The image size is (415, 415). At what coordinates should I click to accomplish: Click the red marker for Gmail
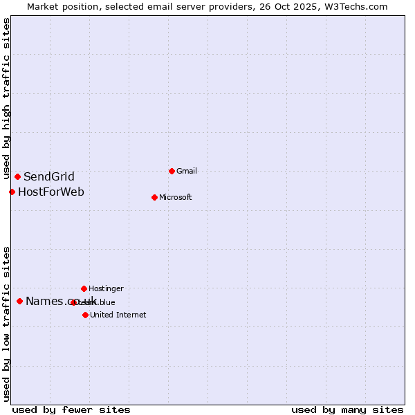pyautogui.click(x=172, y=171)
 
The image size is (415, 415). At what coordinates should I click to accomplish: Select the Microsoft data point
pyautogui.click(x=154, y=197)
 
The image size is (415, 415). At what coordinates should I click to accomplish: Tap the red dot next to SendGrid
pyautogui.click(x=17, y=176)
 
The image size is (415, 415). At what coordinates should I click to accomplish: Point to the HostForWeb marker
pyautogui.click(x=12, y=192)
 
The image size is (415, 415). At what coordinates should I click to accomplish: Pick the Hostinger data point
pyautogui.click(x=84, y=288)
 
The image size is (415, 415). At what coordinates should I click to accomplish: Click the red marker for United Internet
pyautogui.click(x=85, y=315)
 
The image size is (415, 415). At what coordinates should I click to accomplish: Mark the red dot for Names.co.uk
pyautogui.click(x=19, y=301)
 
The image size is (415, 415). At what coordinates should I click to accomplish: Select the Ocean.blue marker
pyautogui.click(x=73, y=302)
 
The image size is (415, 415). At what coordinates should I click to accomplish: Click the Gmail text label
pyautogui.click(x=187, y=171)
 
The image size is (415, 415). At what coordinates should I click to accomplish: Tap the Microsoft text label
pyautogui.click(x=176, y=197)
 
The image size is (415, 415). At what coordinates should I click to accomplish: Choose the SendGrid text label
pyautogui.click(x=49, y=176)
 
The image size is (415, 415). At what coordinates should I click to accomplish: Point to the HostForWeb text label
pyautogui.click(x=51, y=192)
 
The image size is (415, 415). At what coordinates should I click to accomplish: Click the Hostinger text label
pyautogui.click(x=106, y=288)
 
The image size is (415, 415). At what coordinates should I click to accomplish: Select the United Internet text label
pyautogui.click(x=118, y=315)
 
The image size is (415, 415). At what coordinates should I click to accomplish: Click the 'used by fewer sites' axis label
pyautogui.click(x=71, y=409)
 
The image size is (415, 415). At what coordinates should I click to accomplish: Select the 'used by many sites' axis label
pyautogui.click(x=347, y=409)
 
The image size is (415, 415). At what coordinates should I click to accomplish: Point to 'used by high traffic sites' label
pyautogui.click(x=6, y=99)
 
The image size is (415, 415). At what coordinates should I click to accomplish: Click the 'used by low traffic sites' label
pyautogui.click(x=6, y=324)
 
